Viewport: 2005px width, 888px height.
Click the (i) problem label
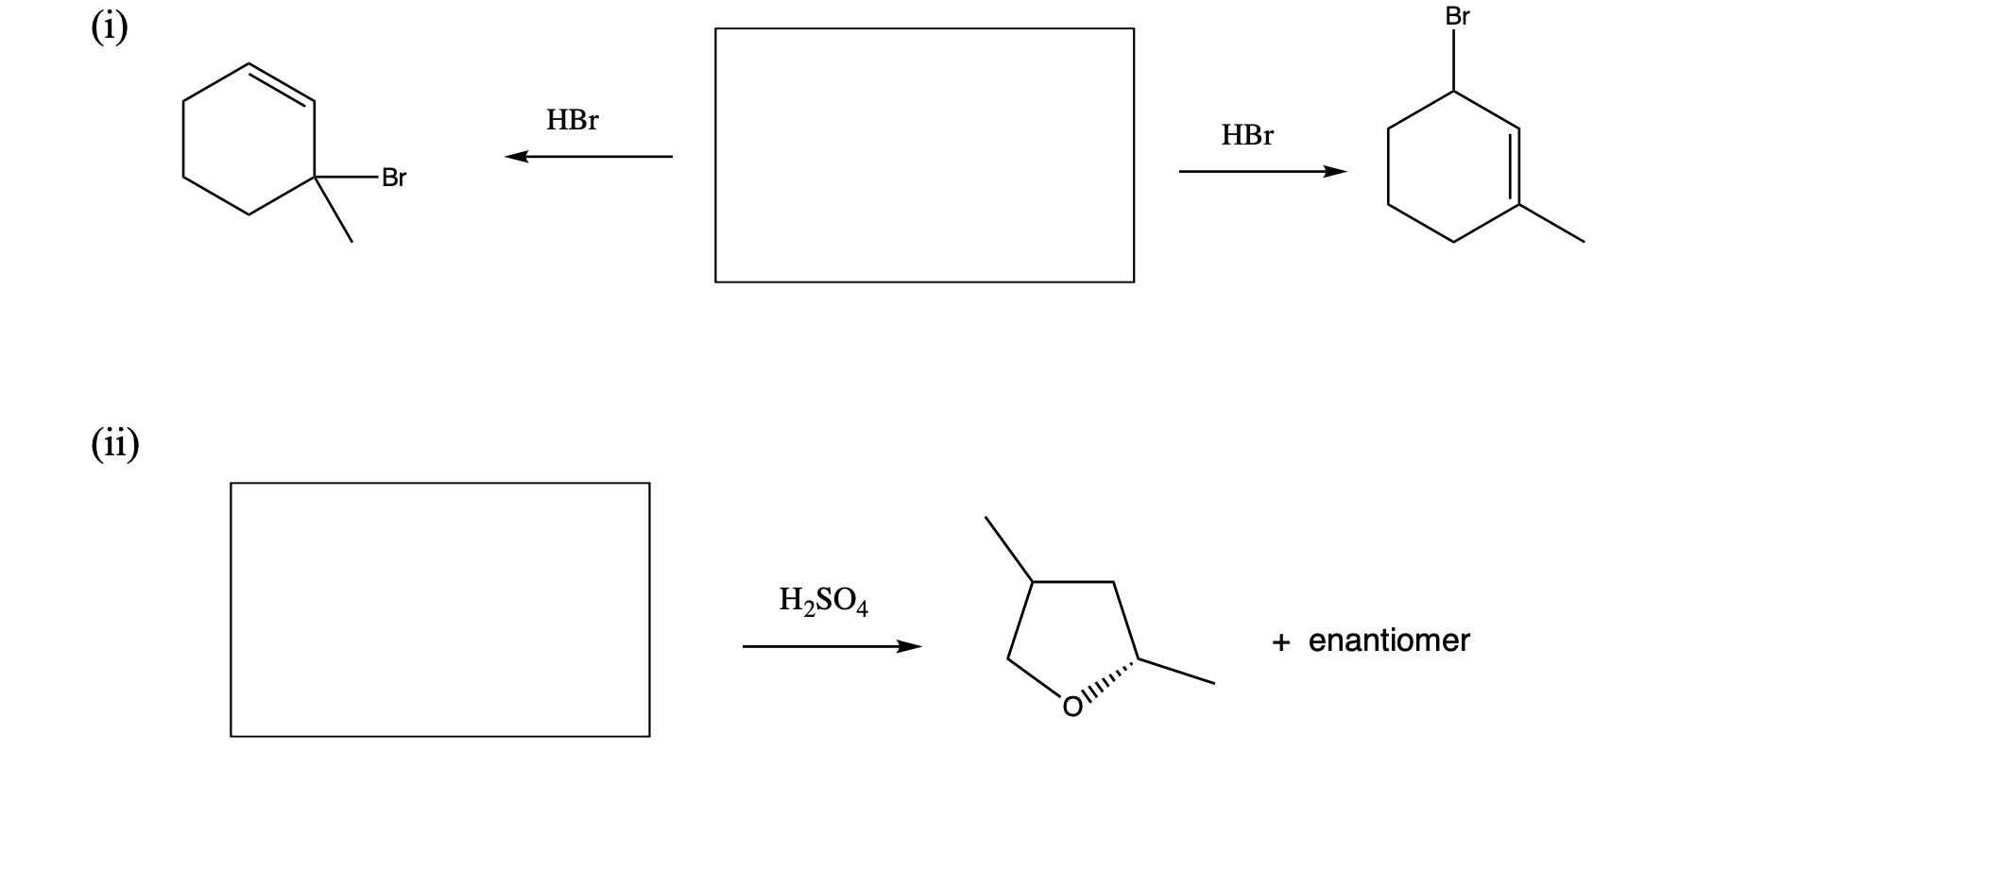110,28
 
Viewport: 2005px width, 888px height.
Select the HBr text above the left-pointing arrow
572,120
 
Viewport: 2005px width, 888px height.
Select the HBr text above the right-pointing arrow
1246,135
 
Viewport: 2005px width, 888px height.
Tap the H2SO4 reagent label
823,601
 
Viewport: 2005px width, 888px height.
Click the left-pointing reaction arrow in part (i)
588,157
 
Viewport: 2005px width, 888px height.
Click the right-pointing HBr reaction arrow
1262,172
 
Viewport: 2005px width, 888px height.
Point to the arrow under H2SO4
831,647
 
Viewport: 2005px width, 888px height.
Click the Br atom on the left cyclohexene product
393,178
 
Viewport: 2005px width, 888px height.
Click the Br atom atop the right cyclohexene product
1457,17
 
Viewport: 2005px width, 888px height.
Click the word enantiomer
1388,641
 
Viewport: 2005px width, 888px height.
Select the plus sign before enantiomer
1280,642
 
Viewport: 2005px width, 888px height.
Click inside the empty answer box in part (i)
924,155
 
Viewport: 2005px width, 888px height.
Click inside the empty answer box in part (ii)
439,609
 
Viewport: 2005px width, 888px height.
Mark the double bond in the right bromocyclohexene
1515,166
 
